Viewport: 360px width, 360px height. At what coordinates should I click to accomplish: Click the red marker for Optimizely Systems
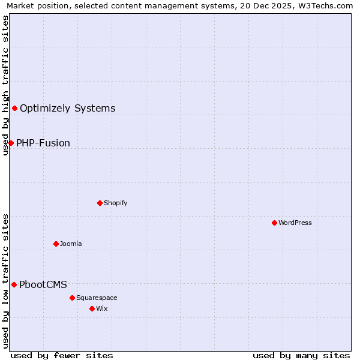[14, 108]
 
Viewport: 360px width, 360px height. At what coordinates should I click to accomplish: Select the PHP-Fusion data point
[11, 143]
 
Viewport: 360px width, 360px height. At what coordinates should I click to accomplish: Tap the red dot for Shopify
[100, 203]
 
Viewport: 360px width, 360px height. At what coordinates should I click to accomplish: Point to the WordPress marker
[274, 223]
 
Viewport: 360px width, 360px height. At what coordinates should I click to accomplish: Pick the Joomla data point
[56, 244]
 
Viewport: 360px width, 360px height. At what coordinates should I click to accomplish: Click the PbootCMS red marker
[14, 284]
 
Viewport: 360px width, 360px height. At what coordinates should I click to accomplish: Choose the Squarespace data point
[72, 298]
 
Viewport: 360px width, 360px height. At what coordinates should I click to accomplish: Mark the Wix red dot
[92, 308]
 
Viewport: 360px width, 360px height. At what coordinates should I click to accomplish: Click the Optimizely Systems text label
[67, 109]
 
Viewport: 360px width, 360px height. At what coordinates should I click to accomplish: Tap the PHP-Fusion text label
[43, 143]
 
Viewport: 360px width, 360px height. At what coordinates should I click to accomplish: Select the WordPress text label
[295, 223]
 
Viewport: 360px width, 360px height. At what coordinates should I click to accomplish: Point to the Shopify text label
[116, 203]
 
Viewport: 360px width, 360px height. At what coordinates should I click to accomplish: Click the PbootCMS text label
[43, 285]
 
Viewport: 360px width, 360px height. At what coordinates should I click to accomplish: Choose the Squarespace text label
[97, 298]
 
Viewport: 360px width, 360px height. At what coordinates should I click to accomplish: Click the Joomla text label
[71, 244]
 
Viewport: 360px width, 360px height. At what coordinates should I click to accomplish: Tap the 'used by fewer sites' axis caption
[62, 355]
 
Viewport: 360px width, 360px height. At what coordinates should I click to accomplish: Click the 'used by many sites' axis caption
[301, 355]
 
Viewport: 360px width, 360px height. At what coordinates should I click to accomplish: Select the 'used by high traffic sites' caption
[6, 85]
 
